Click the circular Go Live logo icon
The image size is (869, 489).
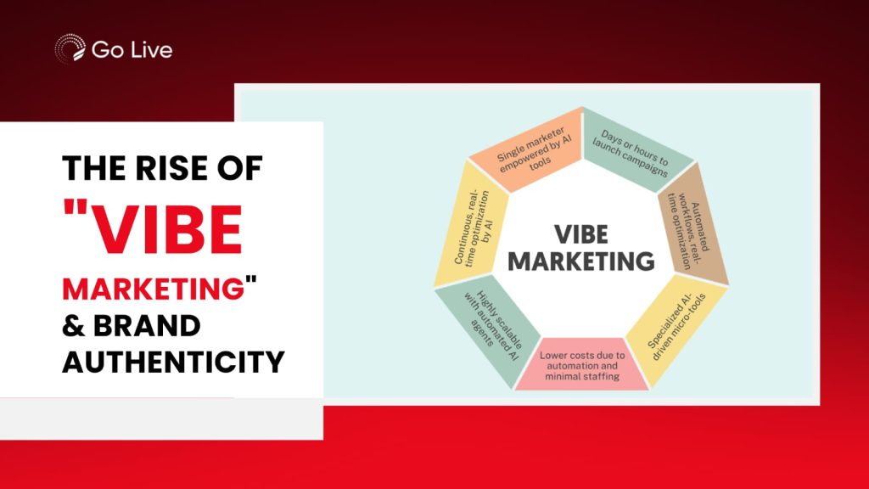coord(70,48)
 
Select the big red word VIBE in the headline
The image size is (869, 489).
coord(165,228)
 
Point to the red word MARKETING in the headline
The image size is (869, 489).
coord(153,289)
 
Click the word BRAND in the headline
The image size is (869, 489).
coord(146,326)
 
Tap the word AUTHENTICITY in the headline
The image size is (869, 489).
coord(173,362)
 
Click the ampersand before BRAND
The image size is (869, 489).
coord(74,326)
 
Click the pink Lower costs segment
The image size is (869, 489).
coord(582,365)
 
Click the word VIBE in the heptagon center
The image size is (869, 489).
coord(581,234)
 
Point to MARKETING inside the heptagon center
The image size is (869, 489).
coord(581,261)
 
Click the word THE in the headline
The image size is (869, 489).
coord(95,168)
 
